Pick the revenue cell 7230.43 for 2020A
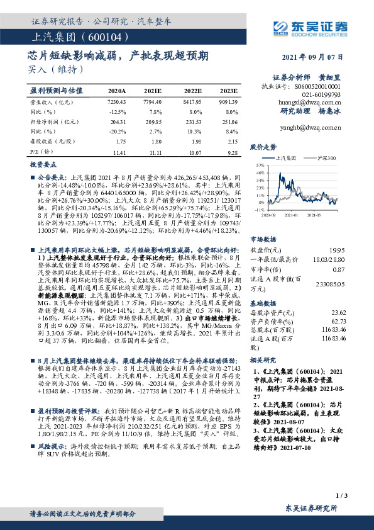coord(117,101)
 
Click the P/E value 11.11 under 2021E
coord(155,153)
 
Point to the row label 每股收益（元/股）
coord(50,142)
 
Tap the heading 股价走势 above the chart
coord(263,147)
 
